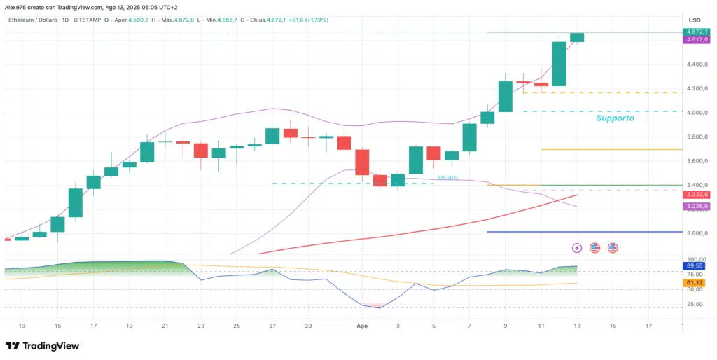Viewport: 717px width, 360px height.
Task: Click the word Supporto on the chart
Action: point(615,118)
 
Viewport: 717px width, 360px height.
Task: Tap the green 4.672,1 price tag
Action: point(697,32)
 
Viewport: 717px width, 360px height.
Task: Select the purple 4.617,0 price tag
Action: point(697,41)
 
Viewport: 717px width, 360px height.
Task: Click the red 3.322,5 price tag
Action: point(697,194)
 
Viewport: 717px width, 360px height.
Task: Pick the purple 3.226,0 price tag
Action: point(697,207)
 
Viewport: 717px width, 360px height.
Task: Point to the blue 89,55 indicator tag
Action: point(696,266)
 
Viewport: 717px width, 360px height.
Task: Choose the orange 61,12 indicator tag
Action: point(696,282)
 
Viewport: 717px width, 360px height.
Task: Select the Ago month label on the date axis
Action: point(362,326)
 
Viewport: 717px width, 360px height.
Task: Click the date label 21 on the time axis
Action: point(165,326)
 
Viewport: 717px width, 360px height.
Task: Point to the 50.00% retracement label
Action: point(447,178)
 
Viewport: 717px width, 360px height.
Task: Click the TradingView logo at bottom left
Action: point(42,346)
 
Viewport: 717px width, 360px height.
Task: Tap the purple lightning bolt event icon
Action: point(577,247)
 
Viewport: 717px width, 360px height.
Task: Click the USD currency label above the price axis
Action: point(695,20)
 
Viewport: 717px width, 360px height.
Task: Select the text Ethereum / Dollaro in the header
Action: point(36,20)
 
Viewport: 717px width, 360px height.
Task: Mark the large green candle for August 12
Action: point(559,64)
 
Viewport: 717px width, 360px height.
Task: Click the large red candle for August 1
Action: point(362,162)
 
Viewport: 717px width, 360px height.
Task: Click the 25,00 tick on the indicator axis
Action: point(696,304)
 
